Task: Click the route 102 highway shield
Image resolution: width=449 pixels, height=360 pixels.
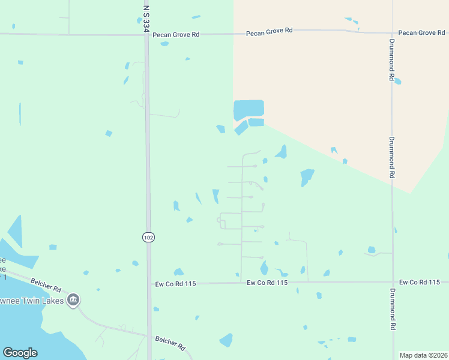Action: pos(148,237)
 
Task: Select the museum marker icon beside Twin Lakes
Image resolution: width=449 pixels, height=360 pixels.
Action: pos(73,299)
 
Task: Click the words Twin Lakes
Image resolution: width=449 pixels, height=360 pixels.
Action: pos(36,300)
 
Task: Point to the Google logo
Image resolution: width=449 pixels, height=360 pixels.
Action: pos(20,353)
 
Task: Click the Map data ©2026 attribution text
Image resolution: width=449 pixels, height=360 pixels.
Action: pos(423,355)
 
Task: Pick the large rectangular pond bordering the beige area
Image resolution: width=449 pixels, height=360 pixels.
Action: pos(249,109)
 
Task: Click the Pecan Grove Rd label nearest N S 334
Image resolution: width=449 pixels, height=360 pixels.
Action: pos(176,35)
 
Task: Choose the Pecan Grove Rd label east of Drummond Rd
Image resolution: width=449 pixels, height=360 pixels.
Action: pos(423,32)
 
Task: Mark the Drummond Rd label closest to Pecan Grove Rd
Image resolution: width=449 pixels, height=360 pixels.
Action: pos(391,60)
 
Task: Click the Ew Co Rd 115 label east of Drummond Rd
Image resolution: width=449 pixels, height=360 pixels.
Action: pos(420,282)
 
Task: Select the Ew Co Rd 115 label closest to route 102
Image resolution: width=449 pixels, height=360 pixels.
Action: pos(176,283)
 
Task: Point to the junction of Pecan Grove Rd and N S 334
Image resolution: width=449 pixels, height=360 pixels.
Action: pos(146,34)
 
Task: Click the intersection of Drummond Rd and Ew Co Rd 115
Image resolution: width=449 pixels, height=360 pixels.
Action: pos(393,282)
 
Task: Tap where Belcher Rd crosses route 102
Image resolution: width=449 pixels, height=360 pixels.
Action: pos(149,335)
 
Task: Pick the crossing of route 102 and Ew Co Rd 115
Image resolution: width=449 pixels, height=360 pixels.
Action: pos(149,283)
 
